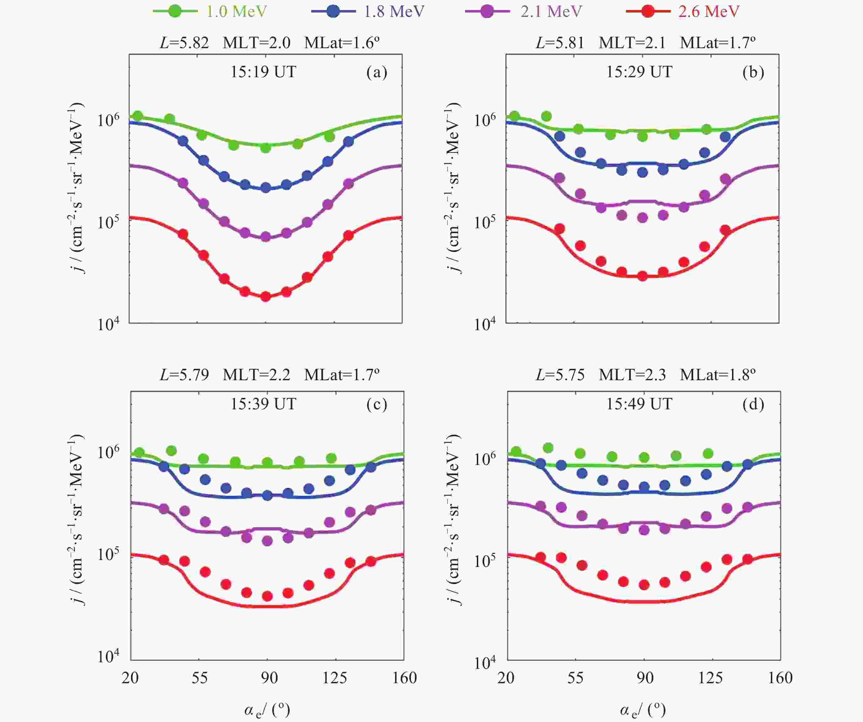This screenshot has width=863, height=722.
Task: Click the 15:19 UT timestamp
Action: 263,72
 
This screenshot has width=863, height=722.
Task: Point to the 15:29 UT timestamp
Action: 639,72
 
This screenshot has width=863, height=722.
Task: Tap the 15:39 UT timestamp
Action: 263,404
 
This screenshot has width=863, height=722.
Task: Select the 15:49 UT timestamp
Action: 639,404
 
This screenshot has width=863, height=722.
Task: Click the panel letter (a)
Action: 377,72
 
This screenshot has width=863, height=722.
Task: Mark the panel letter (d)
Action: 753,404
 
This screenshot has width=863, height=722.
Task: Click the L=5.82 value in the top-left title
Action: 184,42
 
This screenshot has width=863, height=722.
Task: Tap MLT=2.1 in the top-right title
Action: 632,42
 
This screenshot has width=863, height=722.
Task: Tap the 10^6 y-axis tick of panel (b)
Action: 485,120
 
